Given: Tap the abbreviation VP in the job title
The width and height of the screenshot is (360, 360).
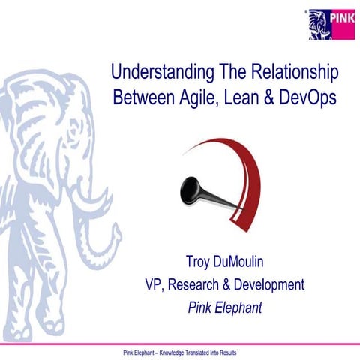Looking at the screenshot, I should pyautogui.click(x=154, y=285).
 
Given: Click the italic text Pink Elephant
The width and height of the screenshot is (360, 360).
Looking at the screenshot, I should pyautogui.click(x=225, y=307).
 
